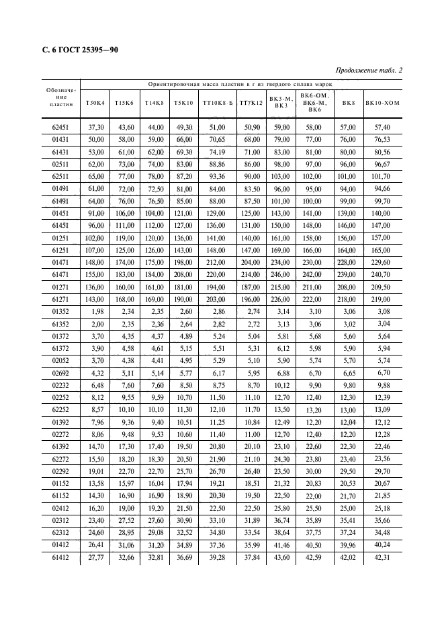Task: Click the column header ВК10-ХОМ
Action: (383, 103)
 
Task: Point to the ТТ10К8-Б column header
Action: (217, 103)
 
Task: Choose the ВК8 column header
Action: (349, 103)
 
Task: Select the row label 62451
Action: (60, 127)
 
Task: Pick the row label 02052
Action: (60, 361)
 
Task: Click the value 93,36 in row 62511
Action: (217, 175)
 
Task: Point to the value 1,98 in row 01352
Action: (95, 312)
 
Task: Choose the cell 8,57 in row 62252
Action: (95, 409)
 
